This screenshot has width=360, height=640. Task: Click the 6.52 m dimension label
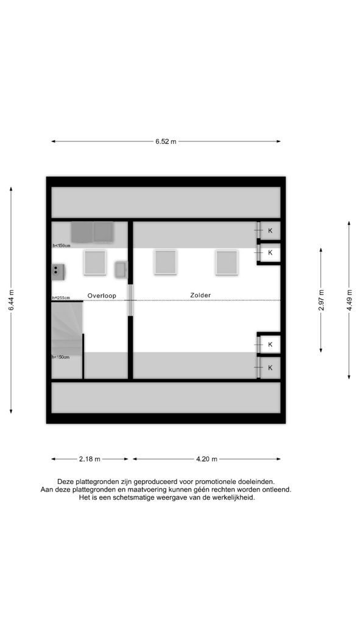166,141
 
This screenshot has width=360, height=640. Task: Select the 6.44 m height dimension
11,300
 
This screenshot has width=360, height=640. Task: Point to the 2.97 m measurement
321,300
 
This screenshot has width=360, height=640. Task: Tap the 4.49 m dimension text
350,300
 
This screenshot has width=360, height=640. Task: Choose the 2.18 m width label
90,459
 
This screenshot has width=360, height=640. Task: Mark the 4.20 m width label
206,459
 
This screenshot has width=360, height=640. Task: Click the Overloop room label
102,296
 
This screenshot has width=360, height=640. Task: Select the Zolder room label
200,295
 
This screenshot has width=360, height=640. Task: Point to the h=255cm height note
61,298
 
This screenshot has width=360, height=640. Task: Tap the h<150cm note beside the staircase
61,357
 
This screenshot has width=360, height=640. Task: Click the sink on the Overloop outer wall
58,272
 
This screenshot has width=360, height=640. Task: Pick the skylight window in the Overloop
95,263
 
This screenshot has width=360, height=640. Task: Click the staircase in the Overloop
67,329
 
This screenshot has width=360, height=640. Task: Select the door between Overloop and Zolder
130,300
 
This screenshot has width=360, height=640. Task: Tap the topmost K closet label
270,230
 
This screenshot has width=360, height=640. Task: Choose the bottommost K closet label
270,368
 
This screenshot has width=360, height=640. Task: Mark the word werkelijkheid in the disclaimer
235,497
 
